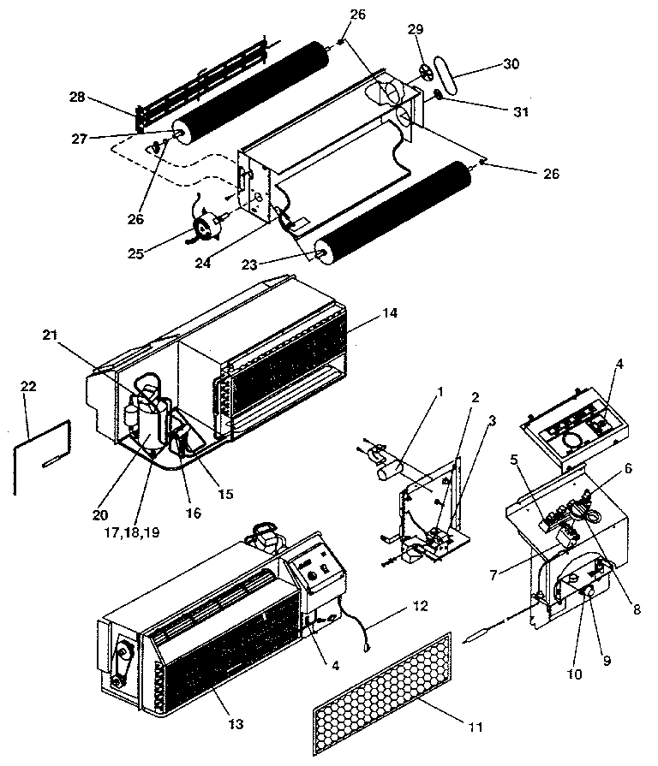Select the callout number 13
click(236, 724)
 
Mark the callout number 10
click(574, 674)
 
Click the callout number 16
click(194, 513)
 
